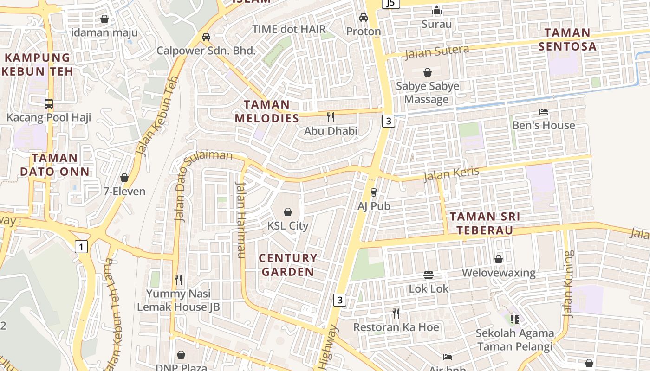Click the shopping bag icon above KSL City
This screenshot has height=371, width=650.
pyautogui.click(x=288, y=212)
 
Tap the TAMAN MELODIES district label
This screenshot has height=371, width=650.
pyautogui.click(x=267, y=111)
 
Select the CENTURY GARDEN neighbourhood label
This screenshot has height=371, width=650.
pyautogui.click(x=288, y=265)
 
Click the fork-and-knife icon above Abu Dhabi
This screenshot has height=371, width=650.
pyautogui.click(x=331, y=117)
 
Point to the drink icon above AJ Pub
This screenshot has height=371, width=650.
pyautogui.click(x=373, y=192)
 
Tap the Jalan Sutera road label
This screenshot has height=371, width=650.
pyautogui.click(x=436, y=52)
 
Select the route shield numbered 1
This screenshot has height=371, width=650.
pyautogui.click(x=81, y=247)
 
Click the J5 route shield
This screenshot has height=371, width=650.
pyautogui.click(x=390, y=4)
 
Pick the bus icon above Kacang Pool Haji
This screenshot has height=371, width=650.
pyautogui.click(x=48, y=103)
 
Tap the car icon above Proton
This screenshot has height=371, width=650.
pyautogui.click(x=364, y=18)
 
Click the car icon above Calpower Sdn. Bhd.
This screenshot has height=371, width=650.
pyautogui.click(x=206, y=37)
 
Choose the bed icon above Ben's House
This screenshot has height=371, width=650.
pyautogui.click(x=543, y=112)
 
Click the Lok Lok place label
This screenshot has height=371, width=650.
pyautogui.click(x=429, y=288)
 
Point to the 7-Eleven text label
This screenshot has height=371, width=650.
pyautogui.click(x=124, y=191)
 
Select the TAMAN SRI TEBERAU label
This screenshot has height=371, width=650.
pyautogui.click(x=485, y=223)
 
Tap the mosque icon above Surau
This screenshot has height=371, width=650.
pyautogui.click(x=436, y=10)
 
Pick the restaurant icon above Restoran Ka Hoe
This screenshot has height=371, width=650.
pyautogui.click(x=396, y=313)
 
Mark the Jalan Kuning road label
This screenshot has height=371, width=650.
pyautogui.click(x=568, y=284)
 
